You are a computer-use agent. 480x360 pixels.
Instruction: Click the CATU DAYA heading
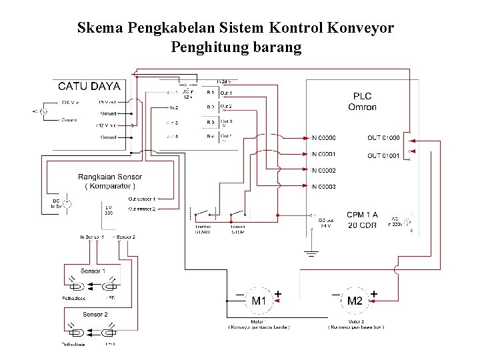click(x=89, y=85)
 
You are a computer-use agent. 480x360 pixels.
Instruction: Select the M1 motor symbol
click(x=259, y=301)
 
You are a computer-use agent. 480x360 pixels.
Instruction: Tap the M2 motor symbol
click(x=355, y=301)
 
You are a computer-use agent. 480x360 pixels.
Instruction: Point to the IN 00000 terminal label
click(x=324, y=138)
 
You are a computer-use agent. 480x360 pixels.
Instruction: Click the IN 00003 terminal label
click(x=324, y=187)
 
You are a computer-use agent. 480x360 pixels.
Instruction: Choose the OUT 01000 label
click(x=383, y=138)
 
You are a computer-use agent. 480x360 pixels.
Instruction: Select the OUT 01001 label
click(x=383, y=156)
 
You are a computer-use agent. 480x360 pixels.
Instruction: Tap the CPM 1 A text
click(x=362, y=215)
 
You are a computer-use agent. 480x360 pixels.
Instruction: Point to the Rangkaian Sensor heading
click(x=110, y=177)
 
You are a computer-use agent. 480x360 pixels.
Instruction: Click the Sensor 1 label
click(x=92, y=271)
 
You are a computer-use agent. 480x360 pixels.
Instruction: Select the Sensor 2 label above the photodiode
click(x=94, y=314)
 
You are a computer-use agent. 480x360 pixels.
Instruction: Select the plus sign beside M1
click(x=278, y=293)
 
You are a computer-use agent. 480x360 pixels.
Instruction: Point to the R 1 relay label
click(x=210, y=92)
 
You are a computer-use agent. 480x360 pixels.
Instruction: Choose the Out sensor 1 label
click(x=142, y=199)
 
